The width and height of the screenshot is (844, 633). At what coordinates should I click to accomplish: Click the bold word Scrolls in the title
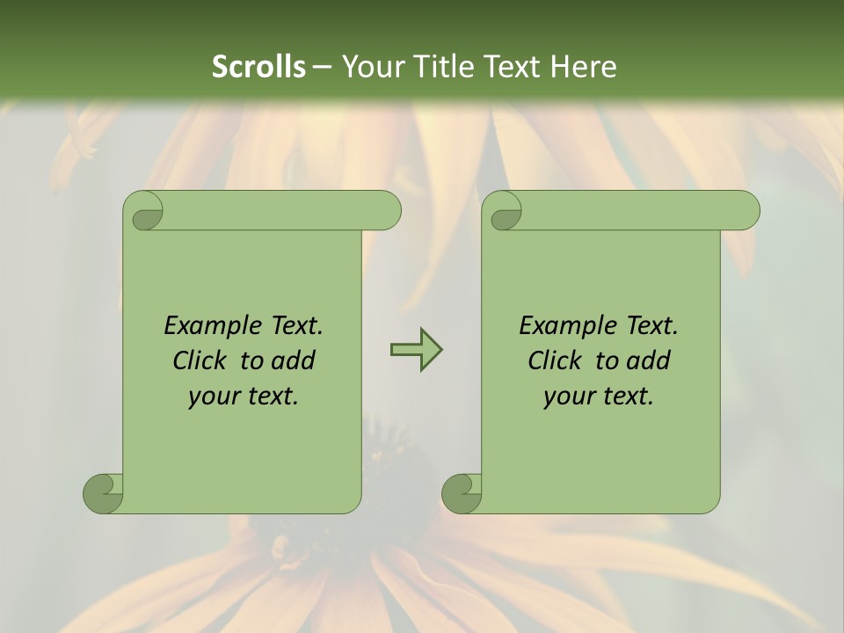258,67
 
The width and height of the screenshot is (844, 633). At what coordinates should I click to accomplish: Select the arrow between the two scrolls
416,350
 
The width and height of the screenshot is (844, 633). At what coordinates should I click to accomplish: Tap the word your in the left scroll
212,397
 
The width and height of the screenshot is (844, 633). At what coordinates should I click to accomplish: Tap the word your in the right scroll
567,397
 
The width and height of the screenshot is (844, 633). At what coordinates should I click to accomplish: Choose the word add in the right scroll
649,360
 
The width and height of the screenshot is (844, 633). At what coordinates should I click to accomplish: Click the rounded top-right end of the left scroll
387,211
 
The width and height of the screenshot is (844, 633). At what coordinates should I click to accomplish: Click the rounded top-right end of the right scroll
746,211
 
